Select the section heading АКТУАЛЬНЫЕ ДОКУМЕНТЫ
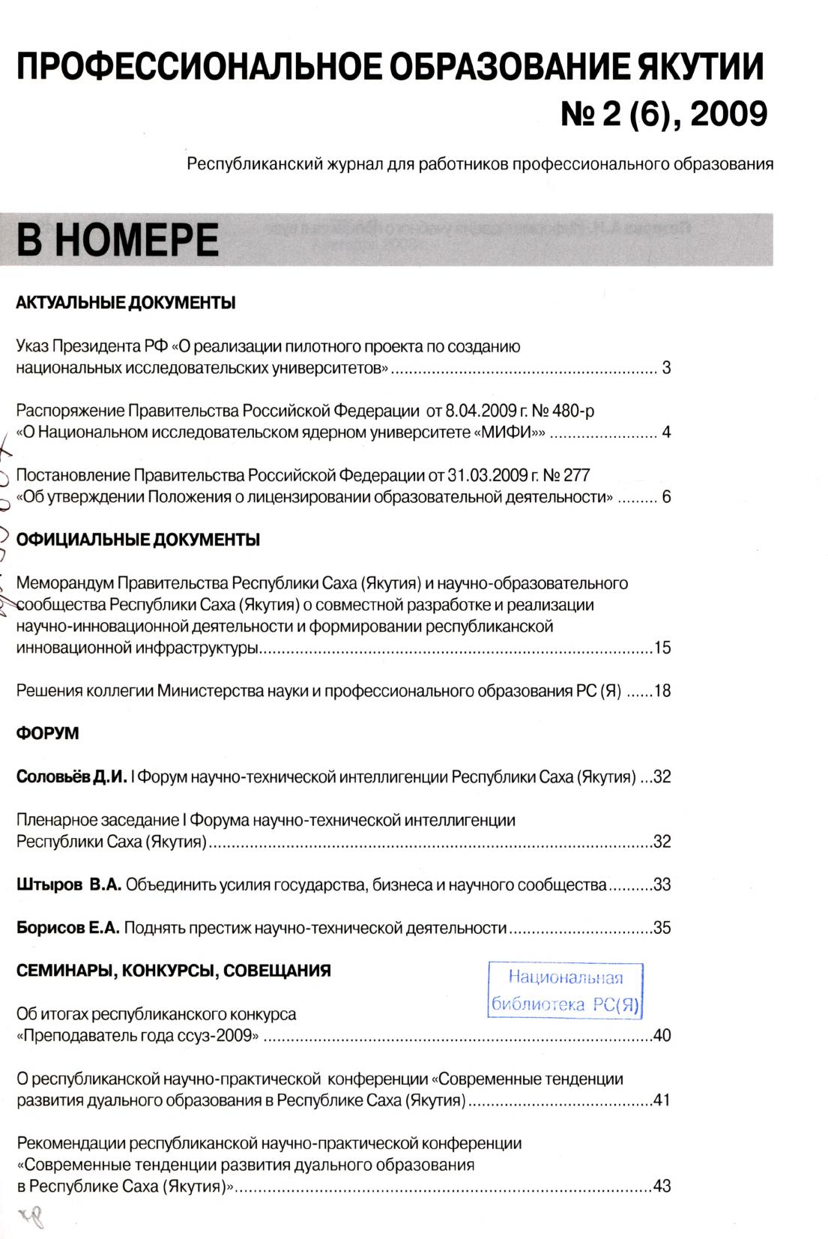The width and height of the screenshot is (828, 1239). [126, 304]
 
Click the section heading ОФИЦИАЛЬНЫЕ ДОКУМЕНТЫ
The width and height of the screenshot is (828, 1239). [138, 540]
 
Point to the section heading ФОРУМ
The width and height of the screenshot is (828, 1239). [47, 734]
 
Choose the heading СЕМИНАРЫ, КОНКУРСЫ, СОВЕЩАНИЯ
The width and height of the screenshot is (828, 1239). [174, 971]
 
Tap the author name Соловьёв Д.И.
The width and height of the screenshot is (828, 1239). [71, 777]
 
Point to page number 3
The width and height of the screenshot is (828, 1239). [666, 369]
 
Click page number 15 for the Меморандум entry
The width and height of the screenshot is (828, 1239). [662, 648]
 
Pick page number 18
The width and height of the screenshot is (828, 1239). [662, 691]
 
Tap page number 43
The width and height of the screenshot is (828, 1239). [662, 1187]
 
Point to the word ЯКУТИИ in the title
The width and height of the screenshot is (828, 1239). [700, 69]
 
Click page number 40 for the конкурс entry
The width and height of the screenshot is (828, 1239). [662, 1037]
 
